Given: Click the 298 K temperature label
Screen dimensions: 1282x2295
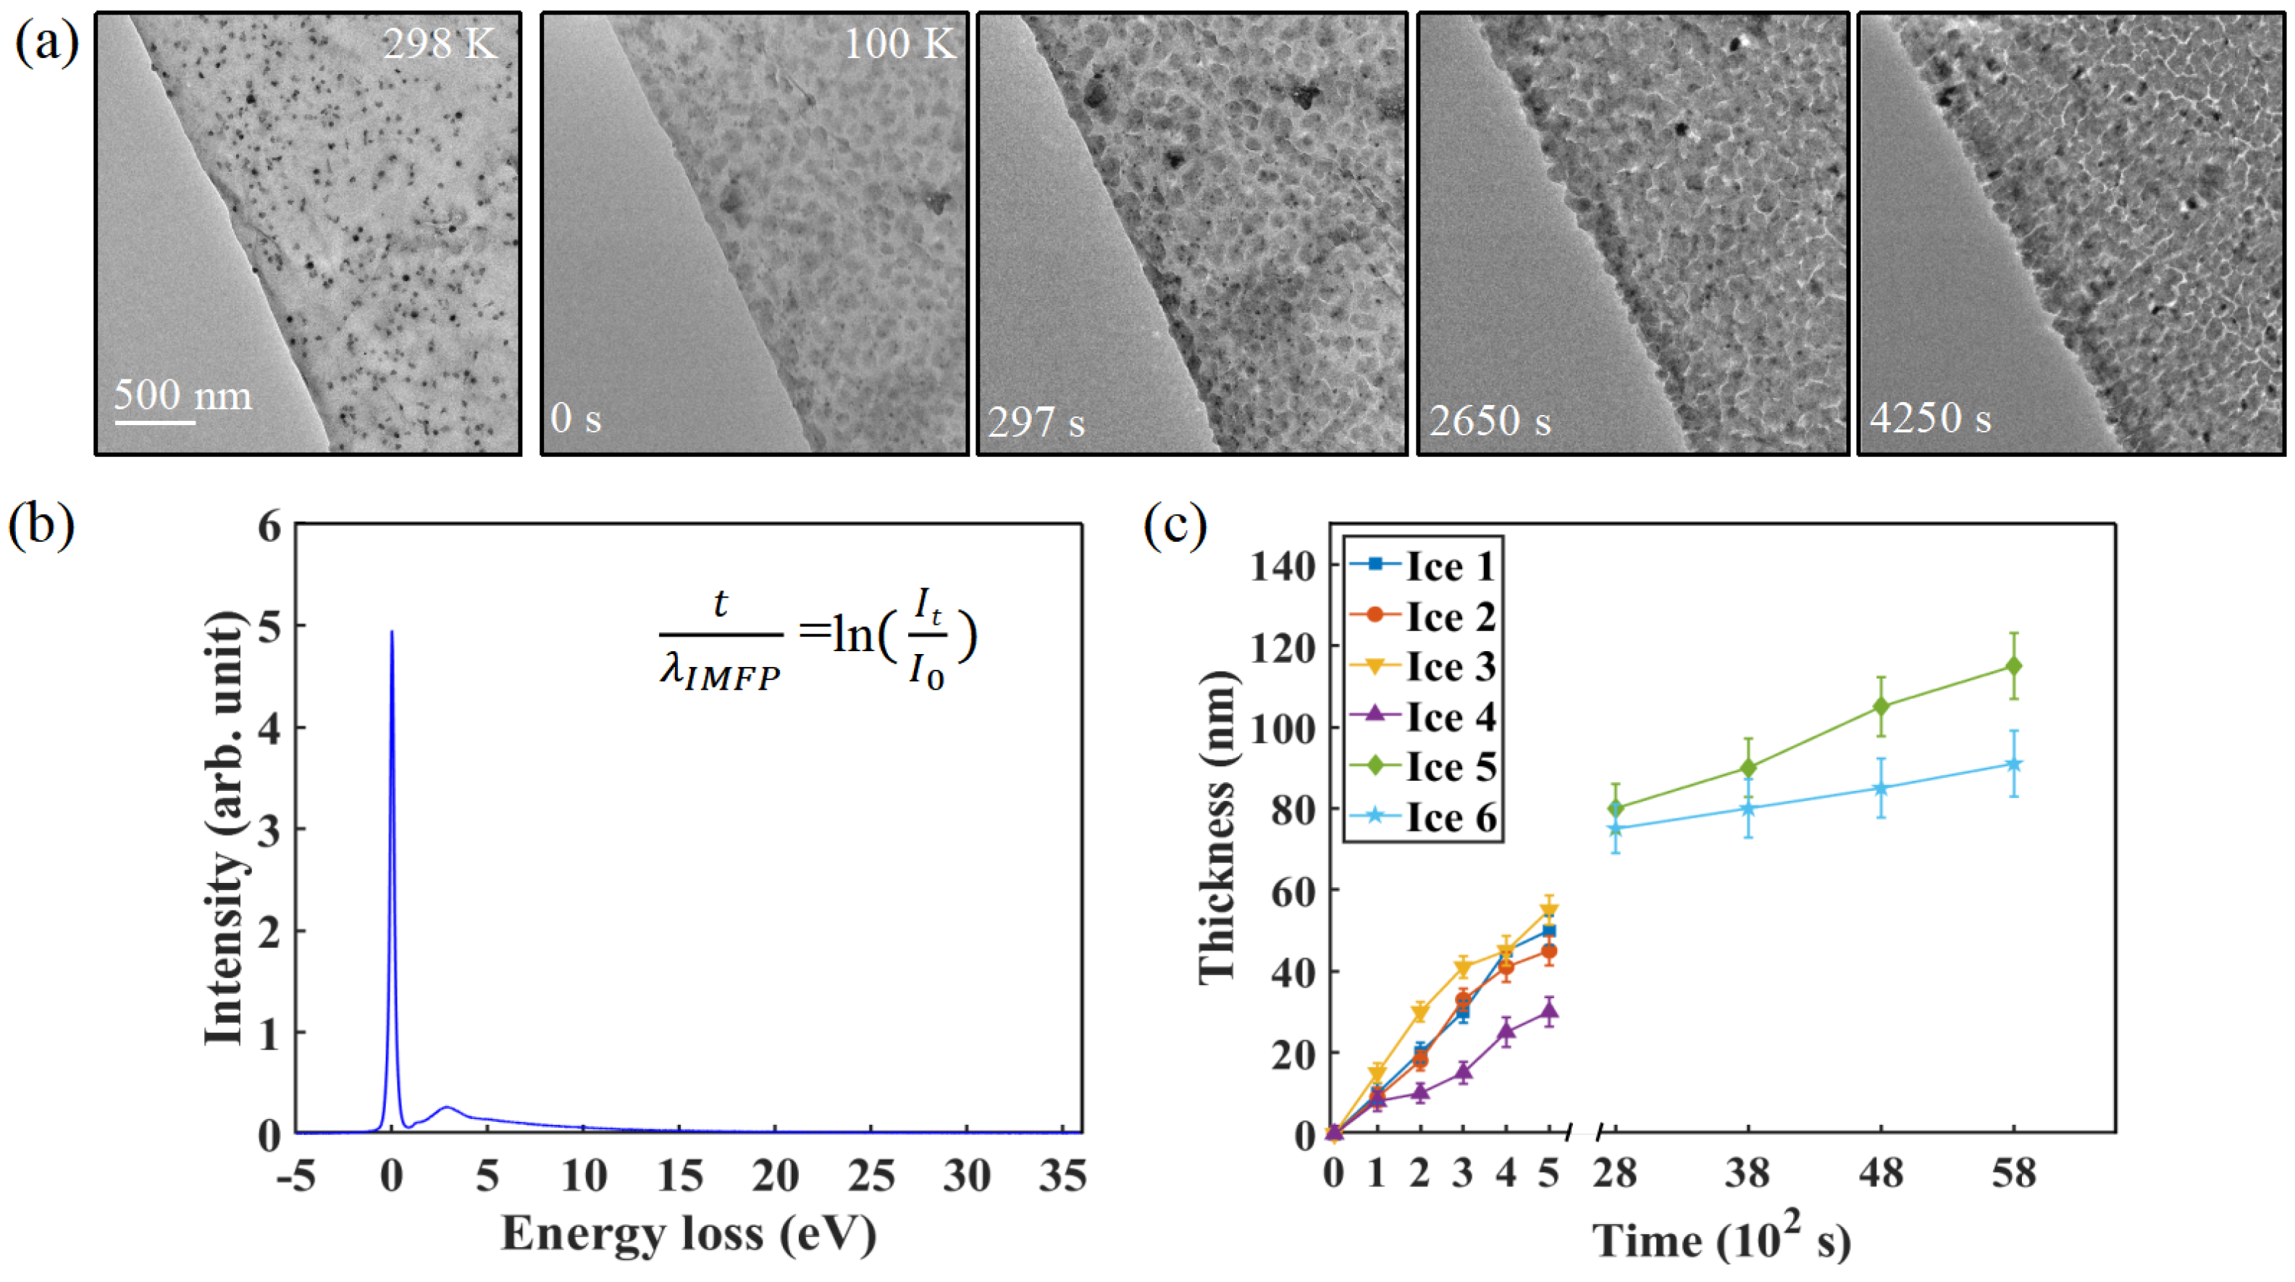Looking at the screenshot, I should tap(439, 43).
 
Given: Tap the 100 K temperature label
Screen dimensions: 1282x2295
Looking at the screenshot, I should tap(900, 43).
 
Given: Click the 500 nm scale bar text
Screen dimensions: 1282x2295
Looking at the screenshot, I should tap(182, 395).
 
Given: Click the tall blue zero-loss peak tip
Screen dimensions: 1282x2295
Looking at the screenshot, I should tap(391, 632).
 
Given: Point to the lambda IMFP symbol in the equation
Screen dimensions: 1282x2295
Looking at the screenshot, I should tap(719, 670).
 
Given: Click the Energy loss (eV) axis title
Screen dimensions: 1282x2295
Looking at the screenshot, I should tap(688, 1235).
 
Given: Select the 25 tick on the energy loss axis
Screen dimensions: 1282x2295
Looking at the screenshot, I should tap(870, 1177).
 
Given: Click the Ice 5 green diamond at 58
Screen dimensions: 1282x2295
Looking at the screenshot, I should tap(2013, 666).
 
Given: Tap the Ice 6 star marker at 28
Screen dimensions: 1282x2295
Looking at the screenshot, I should tap(1615, 829).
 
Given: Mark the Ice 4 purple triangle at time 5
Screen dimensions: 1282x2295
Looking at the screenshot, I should tap(1549, 1011).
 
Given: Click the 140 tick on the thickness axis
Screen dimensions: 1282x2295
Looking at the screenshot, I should tap(1283, 566).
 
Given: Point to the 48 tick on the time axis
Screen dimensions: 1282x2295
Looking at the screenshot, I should tap(1880, 1173).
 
